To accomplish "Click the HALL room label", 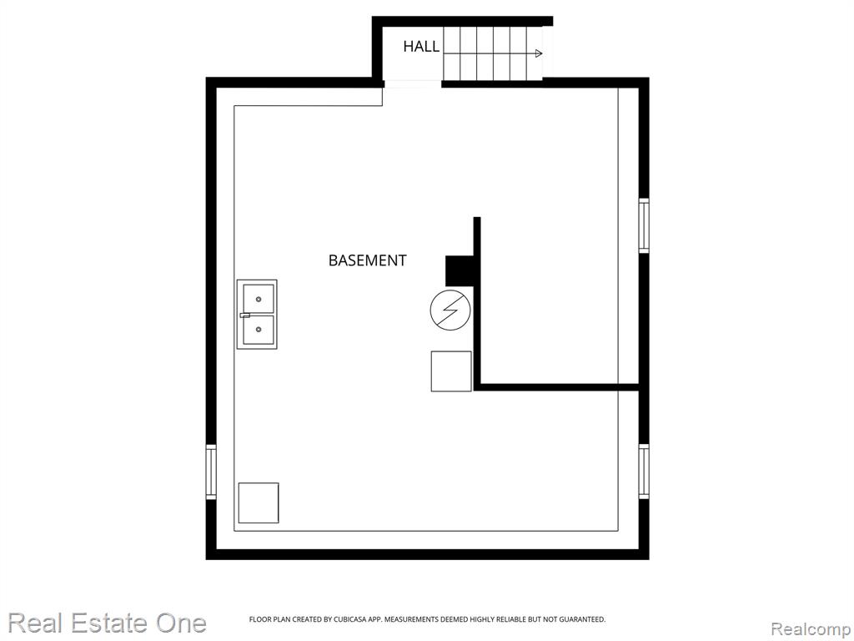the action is point(421,47).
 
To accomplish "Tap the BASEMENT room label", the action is point(367,260).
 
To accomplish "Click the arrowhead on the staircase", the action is point(539,53).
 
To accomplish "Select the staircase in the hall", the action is point(493,53).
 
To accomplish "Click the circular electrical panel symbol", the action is point(450,310).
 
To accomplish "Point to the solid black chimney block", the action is point(460,271).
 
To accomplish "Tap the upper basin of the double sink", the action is point(259,299).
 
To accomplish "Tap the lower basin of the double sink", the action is point(259,330).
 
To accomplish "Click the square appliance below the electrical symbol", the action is point(451,371).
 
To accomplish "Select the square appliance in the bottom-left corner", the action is point(259,502).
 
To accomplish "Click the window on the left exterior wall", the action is point(211,472).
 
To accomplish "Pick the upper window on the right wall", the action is point(644,225).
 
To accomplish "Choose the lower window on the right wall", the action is point(644,472).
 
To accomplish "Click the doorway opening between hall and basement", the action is point(412,84).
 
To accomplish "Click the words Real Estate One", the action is point(108,623).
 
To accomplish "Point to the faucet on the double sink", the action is point(245,315).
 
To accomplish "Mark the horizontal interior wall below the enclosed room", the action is point(556,387).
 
